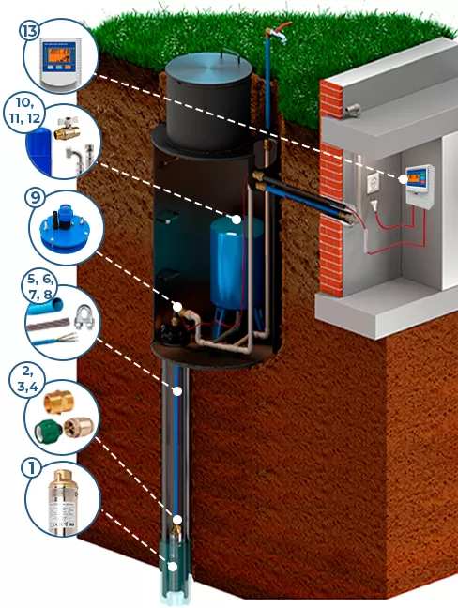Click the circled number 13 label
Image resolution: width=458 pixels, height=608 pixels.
click(x=29, y=31)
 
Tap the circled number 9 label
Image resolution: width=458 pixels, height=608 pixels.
click(x=35, y=198)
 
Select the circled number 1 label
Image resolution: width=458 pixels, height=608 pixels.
click(x=31, y=467)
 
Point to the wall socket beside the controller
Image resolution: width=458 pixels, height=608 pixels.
click(x=374, y=183)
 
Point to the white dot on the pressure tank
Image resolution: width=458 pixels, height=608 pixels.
click(x=237, y=220)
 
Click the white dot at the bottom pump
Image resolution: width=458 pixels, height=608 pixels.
click(x=173, y=566)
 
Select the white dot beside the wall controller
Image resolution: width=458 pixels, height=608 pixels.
click(x=404, y=179)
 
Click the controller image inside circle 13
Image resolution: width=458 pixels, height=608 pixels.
click(x=61, y=62)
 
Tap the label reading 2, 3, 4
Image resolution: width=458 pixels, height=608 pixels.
click(x=28, y=379)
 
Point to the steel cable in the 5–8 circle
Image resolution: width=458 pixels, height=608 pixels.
click(x=48, y=324)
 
